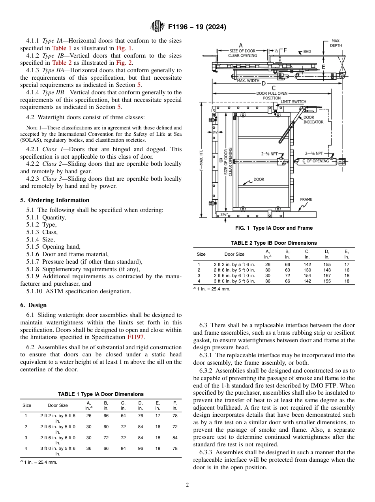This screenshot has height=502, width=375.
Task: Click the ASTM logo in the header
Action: point(157,27)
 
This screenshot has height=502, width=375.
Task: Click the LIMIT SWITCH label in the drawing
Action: point(293,102)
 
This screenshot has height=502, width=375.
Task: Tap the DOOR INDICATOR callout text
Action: point(313,120)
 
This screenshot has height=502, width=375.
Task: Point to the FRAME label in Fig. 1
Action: point(306,199)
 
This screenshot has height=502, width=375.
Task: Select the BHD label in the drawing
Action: point(307,52)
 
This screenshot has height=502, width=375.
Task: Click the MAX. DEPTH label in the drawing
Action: point(336,43)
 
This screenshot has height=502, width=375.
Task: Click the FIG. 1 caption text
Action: point(274,228)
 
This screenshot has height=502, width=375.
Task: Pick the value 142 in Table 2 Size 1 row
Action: point(307,264)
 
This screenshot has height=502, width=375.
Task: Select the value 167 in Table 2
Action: point(327,275)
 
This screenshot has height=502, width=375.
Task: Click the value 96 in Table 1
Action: point(140,448)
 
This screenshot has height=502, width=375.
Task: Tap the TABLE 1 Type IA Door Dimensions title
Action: point(101,394)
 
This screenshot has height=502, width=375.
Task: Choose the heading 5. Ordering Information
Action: point(55,200)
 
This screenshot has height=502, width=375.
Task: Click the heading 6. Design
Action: point(34,305)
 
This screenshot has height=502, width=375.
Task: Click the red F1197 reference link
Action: point(133,337)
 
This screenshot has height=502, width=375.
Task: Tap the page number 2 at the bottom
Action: point(187,485)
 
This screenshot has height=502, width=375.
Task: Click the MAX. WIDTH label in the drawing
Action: point(248,81)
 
